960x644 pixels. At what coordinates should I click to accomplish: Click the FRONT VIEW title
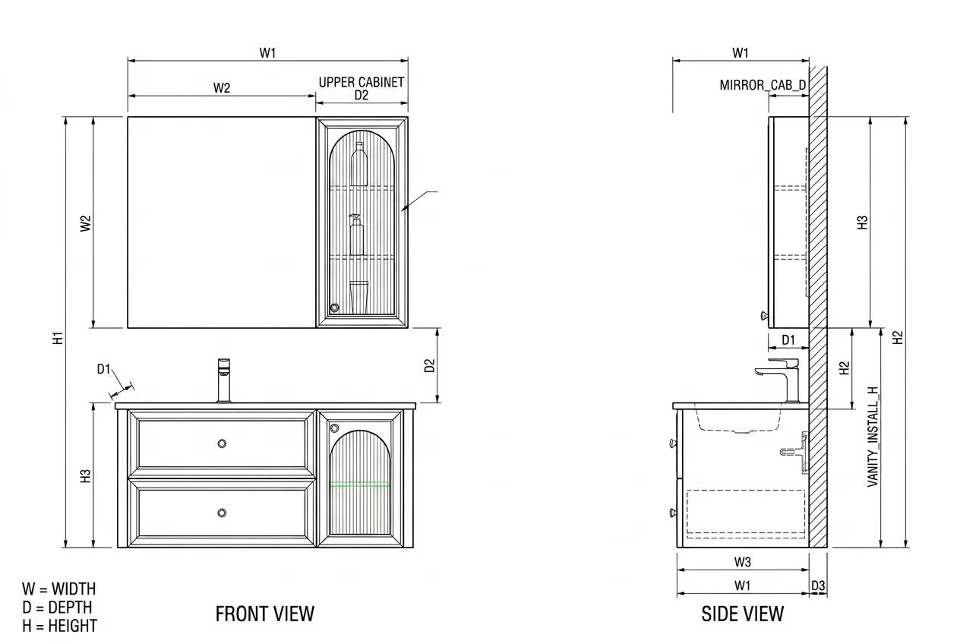265,614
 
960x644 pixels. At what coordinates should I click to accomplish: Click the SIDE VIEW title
742,614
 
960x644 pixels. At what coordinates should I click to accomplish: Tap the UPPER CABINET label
362,82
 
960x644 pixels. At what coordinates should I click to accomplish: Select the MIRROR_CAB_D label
763,85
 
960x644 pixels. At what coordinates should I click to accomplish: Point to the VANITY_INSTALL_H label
873,437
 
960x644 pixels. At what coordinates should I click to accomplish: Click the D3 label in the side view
818,586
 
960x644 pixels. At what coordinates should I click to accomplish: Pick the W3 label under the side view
742,562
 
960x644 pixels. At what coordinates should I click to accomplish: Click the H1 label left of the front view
58,338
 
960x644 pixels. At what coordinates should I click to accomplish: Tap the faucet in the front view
224,380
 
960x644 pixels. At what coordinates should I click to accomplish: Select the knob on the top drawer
222,444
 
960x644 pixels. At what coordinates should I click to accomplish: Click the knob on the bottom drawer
222,513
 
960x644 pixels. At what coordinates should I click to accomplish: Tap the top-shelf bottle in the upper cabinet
359,164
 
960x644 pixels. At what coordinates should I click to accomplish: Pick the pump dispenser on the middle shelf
356,235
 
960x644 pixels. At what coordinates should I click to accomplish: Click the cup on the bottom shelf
358,297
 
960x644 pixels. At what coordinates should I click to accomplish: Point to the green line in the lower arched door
359,485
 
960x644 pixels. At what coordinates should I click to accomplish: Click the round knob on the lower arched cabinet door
334,428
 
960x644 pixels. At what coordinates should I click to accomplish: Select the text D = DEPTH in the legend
58,607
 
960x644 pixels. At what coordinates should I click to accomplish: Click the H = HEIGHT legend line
59,626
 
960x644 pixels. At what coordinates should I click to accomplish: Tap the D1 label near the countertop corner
103,369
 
